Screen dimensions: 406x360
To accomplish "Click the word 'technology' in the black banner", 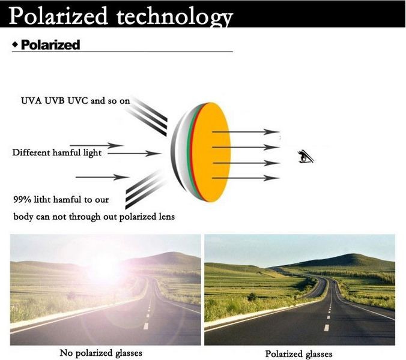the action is point(175,17).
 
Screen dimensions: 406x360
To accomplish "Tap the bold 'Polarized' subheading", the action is point(50,45).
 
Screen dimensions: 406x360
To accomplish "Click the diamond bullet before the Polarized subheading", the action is point(15,44).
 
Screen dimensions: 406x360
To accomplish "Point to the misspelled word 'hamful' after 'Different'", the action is point(67,152).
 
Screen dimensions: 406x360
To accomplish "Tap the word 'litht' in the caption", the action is point(42,200).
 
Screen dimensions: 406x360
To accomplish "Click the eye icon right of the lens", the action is point(306,157).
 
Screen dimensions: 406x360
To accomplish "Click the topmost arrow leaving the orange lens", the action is point(246,132).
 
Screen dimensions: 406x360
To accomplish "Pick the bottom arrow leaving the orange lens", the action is point(246,178).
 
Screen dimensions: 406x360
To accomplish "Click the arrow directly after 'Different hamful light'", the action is point(135,154).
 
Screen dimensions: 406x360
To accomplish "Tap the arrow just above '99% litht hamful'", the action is point(102,177).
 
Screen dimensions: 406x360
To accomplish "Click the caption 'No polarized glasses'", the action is point(101,353).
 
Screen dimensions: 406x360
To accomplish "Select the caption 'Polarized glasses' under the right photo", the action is point(299,353).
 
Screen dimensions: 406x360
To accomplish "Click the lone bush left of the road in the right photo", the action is point(252,296).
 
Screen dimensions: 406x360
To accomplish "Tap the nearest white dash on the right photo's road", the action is point(327,328).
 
